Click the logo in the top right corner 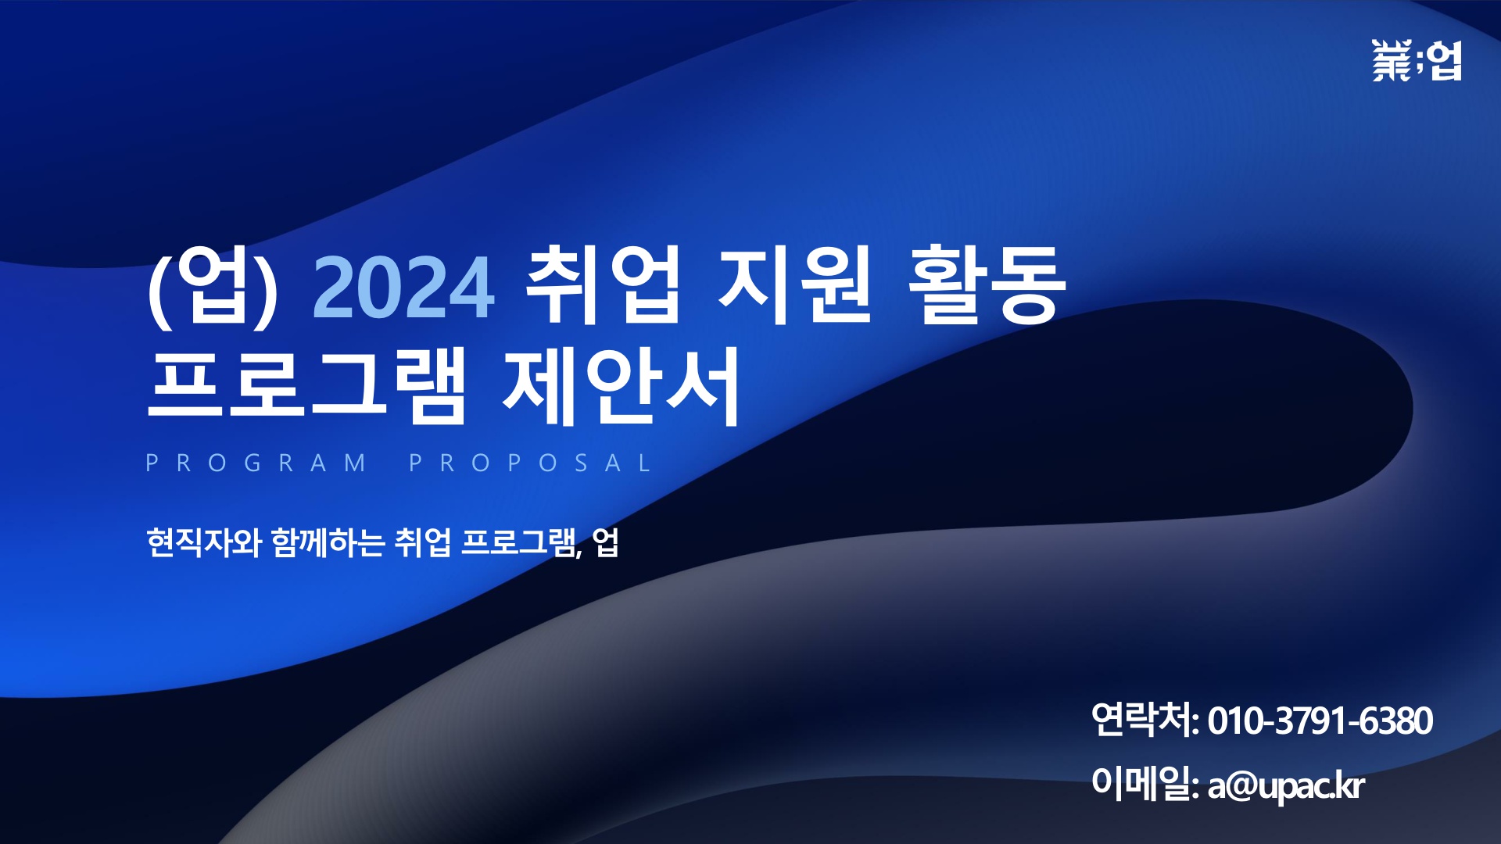coord(1416,61)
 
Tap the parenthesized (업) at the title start coord(213,286)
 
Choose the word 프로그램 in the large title coord(306,385)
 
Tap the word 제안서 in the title coord(622,385)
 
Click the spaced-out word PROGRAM coord(256,463)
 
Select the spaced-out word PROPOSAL coord(530,463)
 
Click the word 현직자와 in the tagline coord(204,542)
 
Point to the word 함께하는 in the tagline coord(328,542)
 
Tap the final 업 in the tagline coord(606,542)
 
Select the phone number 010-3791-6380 coord(1320,721)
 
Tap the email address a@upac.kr coord(1286,786)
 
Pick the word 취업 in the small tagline coord(422,542)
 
